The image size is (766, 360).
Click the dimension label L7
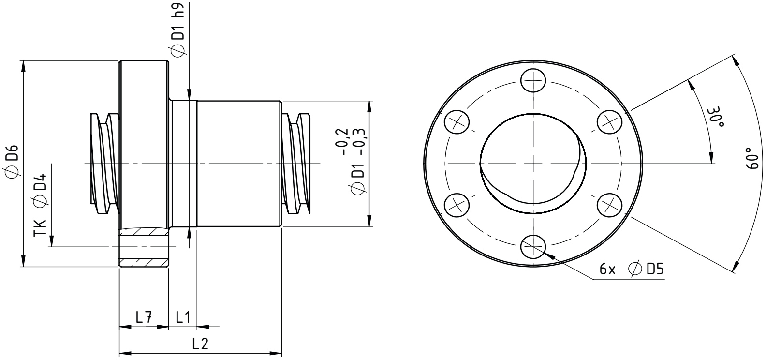[x=144, y=317]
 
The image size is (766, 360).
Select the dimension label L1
[x=183, y=317]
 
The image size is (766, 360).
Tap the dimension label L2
[x=200, y=344]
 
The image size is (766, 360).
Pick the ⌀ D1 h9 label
[x=178, y=29]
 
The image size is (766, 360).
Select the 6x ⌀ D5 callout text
[x=631, y=270]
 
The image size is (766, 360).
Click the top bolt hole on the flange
[x=533, y=81]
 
